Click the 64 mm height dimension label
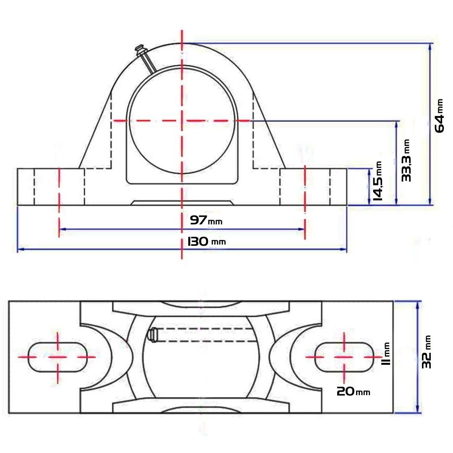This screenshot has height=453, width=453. [x=439, y=116]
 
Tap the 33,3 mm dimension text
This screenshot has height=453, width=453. [x=406, y=160]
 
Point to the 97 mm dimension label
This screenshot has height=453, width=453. [x=206, y=221]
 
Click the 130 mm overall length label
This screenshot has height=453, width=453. [x=206, y=241]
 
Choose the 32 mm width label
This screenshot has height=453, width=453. [x=426, y=351]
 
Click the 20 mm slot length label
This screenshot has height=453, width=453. [x=353, y=391]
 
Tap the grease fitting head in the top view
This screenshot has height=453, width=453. [x=152, y=336]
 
